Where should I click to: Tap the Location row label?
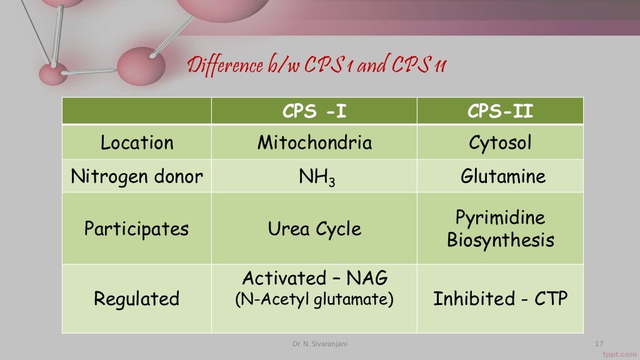(x=137, y=142)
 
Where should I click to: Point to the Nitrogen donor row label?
(x=137, y=176)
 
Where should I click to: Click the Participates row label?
(x=137, y=228)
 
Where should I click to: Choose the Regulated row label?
(x=137, y=298)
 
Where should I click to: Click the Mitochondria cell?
(x=314, y=142)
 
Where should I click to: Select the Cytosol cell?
(x=500, y=142)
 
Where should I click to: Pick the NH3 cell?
(x=314, y=177)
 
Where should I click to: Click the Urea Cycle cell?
(x=314, y=228)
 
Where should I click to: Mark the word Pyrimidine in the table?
(x=500, y=217)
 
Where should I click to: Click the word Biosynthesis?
(x=500, y=240)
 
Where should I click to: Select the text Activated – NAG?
(x=314, y=278)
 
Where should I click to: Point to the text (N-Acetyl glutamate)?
(x=314, y=300)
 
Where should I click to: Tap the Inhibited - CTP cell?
(x=500, y=298)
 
